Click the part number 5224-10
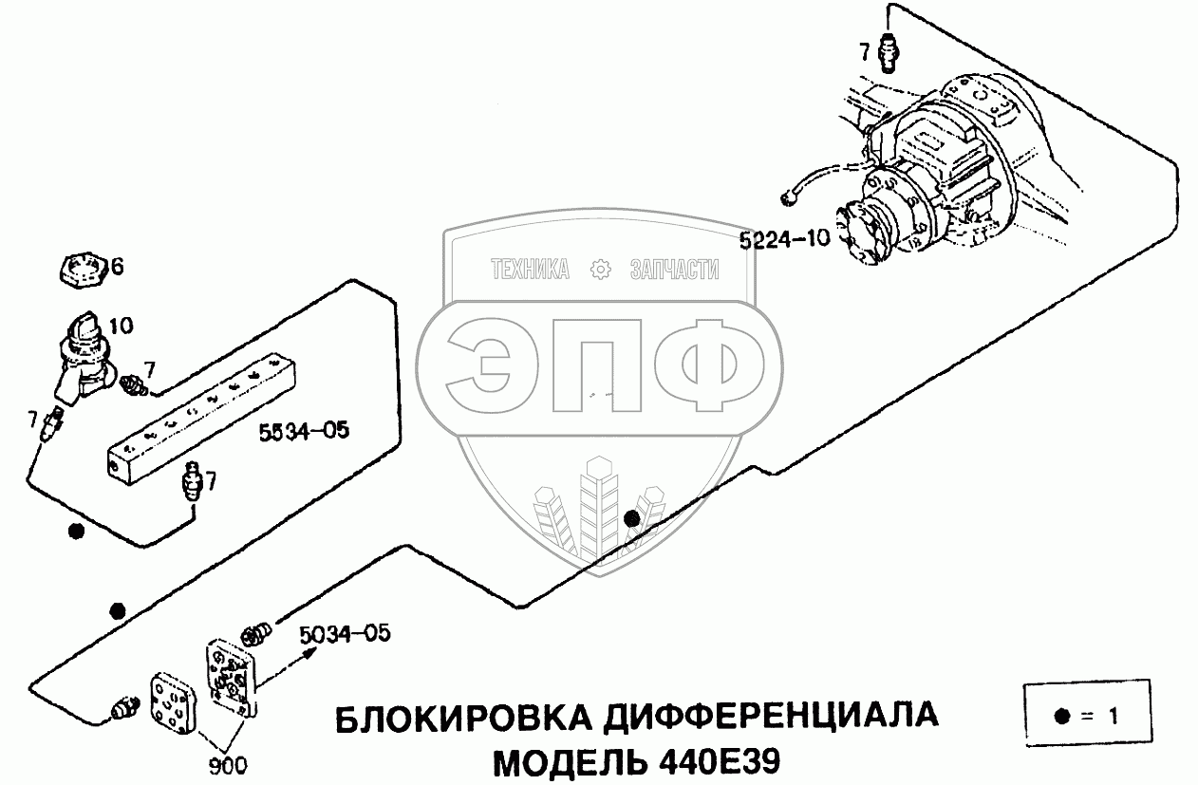[784, 239]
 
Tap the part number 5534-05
[304, 431]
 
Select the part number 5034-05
[345, 634]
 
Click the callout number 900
[228, 766]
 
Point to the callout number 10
[121, 326]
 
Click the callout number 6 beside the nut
[117, 266]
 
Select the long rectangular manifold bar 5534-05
[201, 419]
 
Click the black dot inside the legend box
[1062, 716]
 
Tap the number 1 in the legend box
[1113, 716]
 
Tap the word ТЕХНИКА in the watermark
[530, 269]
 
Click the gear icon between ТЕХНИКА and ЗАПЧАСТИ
[600, 269]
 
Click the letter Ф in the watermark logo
[710, 365]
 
